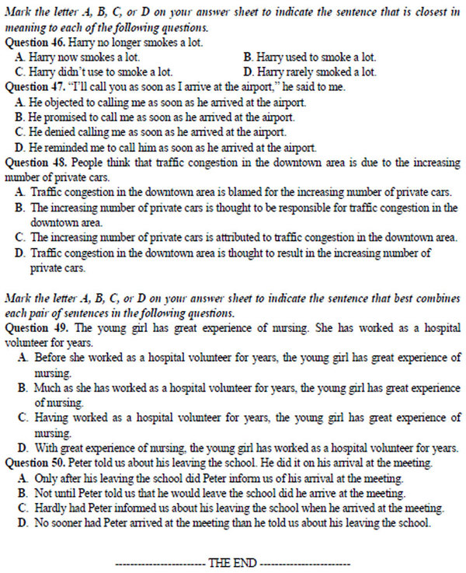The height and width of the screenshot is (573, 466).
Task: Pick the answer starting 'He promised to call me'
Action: (155, 117)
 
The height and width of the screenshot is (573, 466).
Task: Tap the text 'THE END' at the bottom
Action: (233, 562)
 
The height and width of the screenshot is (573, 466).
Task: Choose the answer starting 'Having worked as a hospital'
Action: (233, 418)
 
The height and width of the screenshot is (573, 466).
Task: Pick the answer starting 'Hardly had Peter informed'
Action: (233, 508)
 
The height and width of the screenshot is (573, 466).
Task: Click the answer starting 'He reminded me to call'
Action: (163, 147)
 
